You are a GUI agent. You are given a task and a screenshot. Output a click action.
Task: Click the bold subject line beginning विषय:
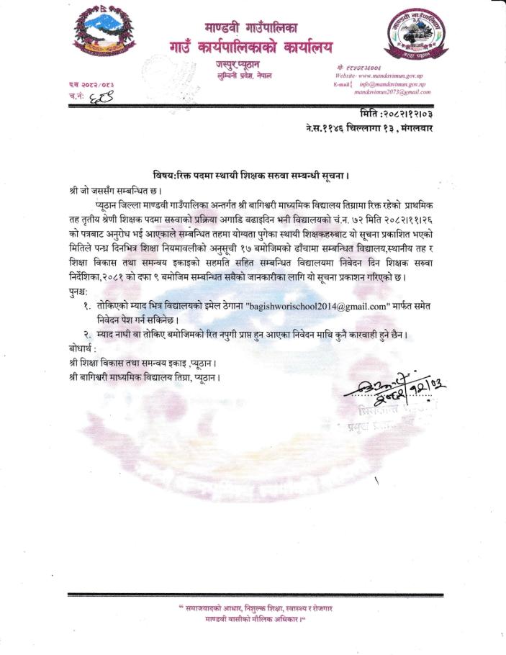pyautogui.click(x=251, y=175)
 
